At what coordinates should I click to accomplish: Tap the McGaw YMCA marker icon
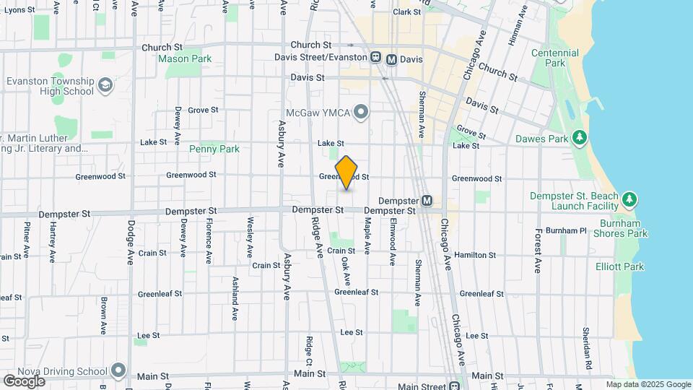pyautogui.click(x=362, y=111)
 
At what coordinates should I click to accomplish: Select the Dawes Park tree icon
pyautogui.click(x=578, y=138)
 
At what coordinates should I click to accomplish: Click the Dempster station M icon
pyautogui.click(x=427, y=201)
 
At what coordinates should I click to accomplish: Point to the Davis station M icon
pyautogui.click(x=391, y=58)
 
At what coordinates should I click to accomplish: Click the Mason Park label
pyautogui.click(x=184, y=58)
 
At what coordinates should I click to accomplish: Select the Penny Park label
pyautogui.click(x=214, y=149)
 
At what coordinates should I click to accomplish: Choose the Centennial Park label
pyautogui.click(x=555, y=58)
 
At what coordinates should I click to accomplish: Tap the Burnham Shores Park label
pyautogui.click(x=621, y=228)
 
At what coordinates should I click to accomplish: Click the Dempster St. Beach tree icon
pyautogui.click(x=629, y=198)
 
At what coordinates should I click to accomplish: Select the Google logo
pyautogui.click(x=24, y=381)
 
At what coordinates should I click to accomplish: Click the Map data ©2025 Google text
pyautogui.click(x=648, y=385)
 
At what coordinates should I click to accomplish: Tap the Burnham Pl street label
pyautogui.click(x=566, y=230)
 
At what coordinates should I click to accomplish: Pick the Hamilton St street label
pyautogui.click(x=475, y=255)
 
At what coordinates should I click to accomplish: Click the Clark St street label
pyautogui.click(x=406, y=12)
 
